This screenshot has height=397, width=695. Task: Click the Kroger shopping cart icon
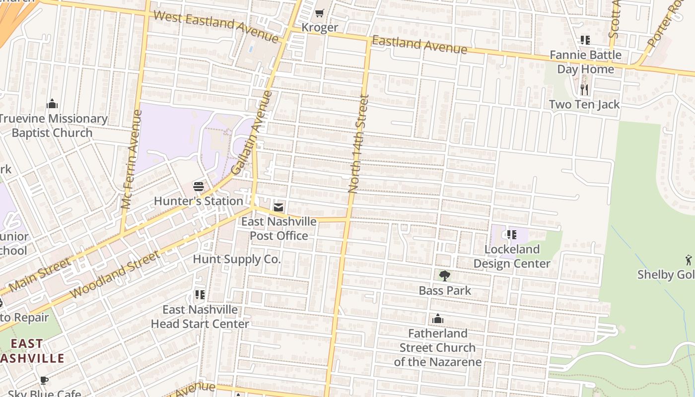click(320, 13)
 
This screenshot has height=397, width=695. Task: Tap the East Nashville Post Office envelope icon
click(278, 207)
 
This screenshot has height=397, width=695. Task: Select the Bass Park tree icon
click(445, 276)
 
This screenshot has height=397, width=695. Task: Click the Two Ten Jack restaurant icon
click(584, 90)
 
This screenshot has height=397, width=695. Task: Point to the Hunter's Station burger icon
click(199, 187)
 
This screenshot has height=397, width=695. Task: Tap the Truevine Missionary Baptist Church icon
click(52, 104)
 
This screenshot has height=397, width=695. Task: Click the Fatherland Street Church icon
click(438, 319)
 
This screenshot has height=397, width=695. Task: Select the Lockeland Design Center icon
click(512, 235)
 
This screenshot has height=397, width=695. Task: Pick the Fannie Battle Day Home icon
click(585, 40)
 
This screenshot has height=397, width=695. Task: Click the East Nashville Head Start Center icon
click(200, 295)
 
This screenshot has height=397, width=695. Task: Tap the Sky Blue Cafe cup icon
click(44, 381)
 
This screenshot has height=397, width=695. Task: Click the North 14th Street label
click(359, 144)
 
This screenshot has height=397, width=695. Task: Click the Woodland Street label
click(115, 274)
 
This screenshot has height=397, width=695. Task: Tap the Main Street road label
click(40, 275)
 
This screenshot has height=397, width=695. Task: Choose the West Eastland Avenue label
click(216, 26)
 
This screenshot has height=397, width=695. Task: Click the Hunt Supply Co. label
click(237, 259)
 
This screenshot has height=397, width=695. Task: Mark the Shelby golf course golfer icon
click(688, 260)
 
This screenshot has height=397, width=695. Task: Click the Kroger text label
click(320, 28)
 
